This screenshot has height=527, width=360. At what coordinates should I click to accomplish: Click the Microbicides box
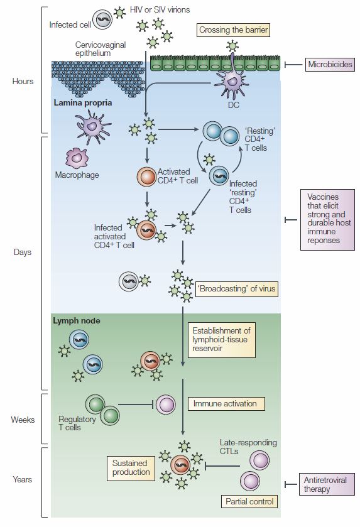coord(330,65)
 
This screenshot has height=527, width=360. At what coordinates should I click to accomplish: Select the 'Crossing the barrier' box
coord(233,30)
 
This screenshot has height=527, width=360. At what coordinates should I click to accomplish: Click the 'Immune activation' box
coord(224,404)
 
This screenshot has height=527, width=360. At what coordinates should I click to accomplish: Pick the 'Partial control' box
coord(249,501)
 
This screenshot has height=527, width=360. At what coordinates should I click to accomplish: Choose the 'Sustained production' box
coord(131,468)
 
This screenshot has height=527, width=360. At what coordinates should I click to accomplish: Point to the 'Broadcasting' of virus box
coord(237,289)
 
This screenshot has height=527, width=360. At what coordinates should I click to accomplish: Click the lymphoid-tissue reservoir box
coord(222,340)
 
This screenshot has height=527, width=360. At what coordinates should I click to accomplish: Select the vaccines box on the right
coord(327,219)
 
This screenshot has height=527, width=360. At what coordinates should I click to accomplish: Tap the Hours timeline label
coord(23,81)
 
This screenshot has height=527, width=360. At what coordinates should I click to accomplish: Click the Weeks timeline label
coord(23,420)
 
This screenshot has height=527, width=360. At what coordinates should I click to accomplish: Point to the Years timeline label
coord(23,479)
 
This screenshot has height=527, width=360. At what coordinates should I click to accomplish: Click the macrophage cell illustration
coord(77,157)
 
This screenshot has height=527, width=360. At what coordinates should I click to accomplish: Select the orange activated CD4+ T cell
coord(146,177)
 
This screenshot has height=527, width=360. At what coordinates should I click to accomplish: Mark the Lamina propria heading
coord(83,103)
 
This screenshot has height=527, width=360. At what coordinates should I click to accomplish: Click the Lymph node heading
coord(76,320)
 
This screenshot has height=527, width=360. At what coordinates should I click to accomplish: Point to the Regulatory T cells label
coord(77,423)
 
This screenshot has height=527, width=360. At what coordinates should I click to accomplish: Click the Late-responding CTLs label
coord(248,447)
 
